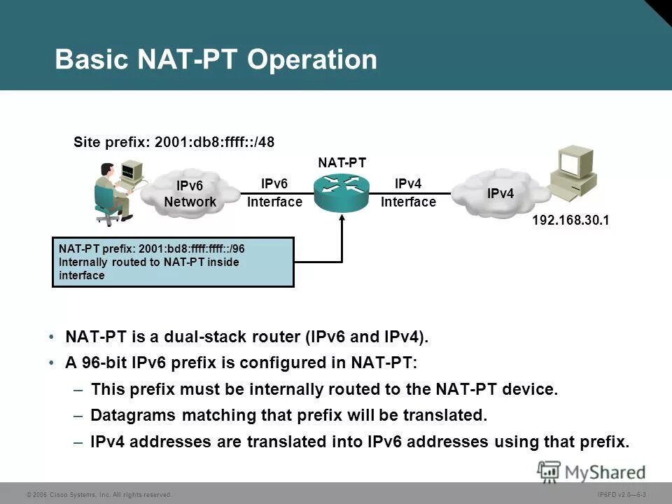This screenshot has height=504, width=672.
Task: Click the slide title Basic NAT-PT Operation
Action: [x=216, y=60]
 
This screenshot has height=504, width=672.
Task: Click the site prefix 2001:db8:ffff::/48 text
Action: [x=174, y=142]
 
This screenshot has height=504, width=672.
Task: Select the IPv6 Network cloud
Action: [x=190, y=193]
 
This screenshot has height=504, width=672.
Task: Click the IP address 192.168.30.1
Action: [x=570, y=220]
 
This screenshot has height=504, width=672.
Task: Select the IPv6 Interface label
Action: [x=274, y=192]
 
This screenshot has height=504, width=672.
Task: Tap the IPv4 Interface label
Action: [x=408, y=192]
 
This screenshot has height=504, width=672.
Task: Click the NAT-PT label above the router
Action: [x=342, y=162]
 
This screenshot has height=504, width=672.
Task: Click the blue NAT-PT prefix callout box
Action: [x=173, y=262]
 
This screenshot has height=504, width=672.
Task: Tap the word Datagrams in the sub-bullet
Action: [x=134, y=416]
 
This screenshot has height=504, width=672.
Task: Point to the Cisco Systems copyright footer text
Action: [x=98, y=495]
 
